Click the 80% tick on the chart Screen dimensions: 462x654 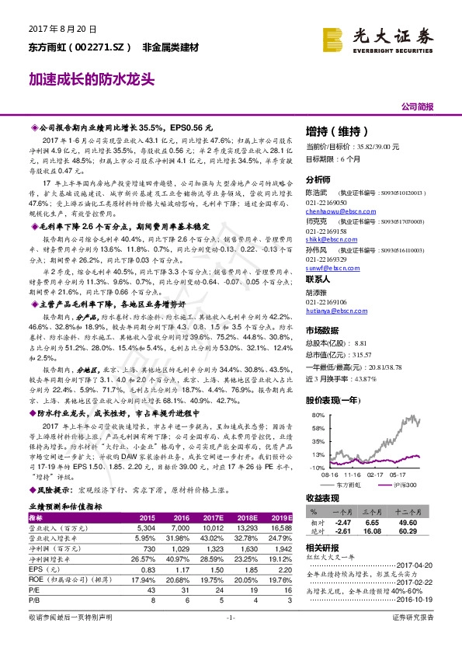click(x=318, y=416)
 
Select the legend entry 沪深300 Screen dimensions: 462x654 click(x=403, y=485)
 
